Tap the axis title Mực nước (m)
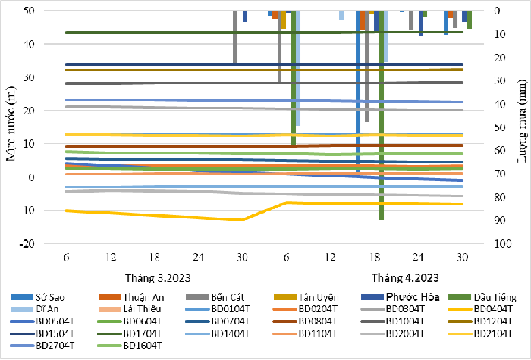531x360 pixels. point(11,127)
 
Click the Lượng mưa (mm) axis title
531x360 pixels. point(522,127)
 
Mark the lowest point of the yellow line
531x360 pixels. point(242,220)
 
